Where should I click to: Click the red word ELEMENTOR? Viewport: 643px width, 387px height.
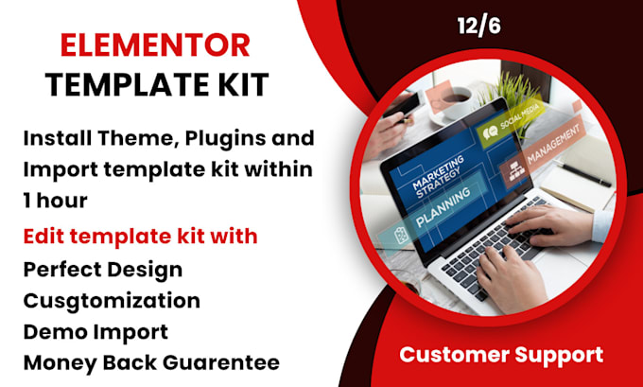tap(155, 45)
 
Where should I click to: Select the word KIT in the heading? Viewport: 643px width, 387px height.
tap(244, 84)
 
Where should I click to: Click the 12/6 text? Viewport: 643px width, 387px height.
tap(479, 26)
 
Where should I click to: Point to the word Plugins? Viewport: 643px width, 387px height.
tap(221, 139)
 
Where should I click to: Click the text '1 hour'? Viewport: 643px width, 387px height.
tap(56, 201)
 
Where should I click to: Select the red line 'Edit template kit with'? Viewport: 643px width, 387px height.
tap(140, 237)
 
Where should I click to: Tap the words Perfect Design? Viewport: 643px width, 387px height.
tap(103, 270)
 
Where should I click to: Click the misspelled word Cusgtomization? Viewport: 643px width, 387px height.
tap(112, 301)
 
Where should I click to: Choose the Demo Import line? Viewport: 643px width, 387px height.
tap(96, 332)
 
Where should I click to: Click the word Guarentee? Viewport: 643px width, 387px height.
tap(221, 362)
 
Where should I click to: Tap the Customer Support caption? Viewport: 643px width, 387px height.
tap(501, 355)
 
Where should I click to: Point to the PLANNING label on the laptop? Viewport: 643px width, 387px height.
tap(443, 208)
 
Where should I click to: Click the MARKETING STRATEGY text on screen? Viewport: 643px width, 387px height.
tap(439, 177)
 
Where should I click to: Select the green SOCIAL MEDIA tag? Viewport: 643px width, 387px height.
tap(510, 120)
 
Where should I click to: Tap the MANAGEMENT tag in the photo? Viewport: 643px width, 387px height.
tap(541, 152)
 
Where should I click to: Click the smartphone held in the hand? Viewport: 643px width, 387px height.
tap(406, 104)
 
